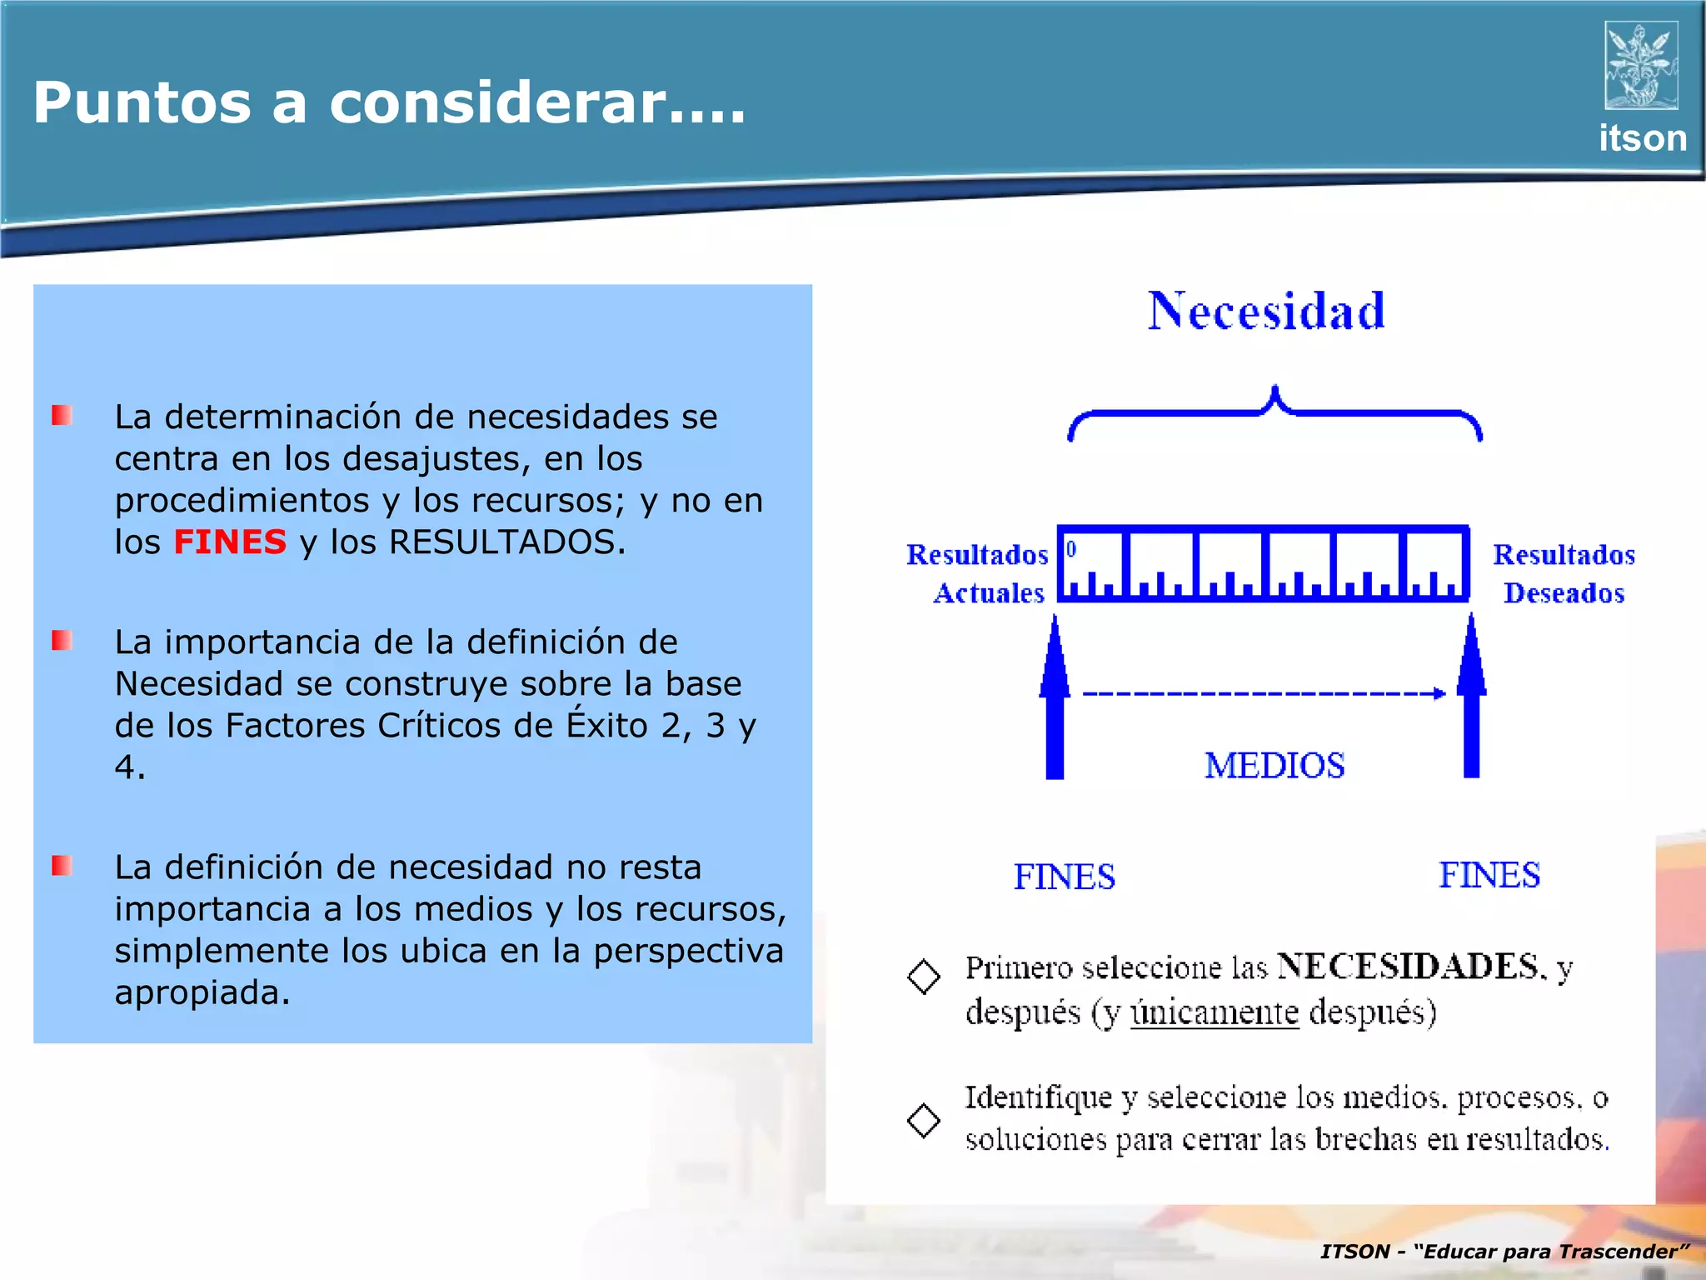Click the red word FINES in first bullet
coord(229,542)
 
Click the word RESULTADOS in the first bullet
coord(502,542)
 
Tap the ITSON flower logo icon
coord(1640,66)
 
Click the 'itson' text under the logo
coord(1642,138)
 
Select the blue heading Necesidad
coord(1266,312)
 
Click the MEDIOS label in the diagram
coord(1275,766)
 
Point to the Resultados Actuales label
coord(979,573)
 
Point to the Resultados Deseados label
coord(1564,573)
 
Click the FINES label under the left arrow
coord(1064,877)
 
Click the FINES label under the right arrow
coord(1489,876)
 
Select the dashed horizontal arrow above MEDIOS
coord(1263,693)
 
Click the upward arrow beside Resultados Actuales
coord(1055,700)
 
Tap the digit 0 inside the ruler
coord(1071,548)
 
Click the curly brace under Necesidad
coord(1275,412)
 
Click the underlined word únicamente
coord(1215,1012)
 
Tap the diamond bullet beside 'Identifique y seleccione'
coord(923,1120)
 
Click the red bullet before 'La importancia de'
coord(62,641)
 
